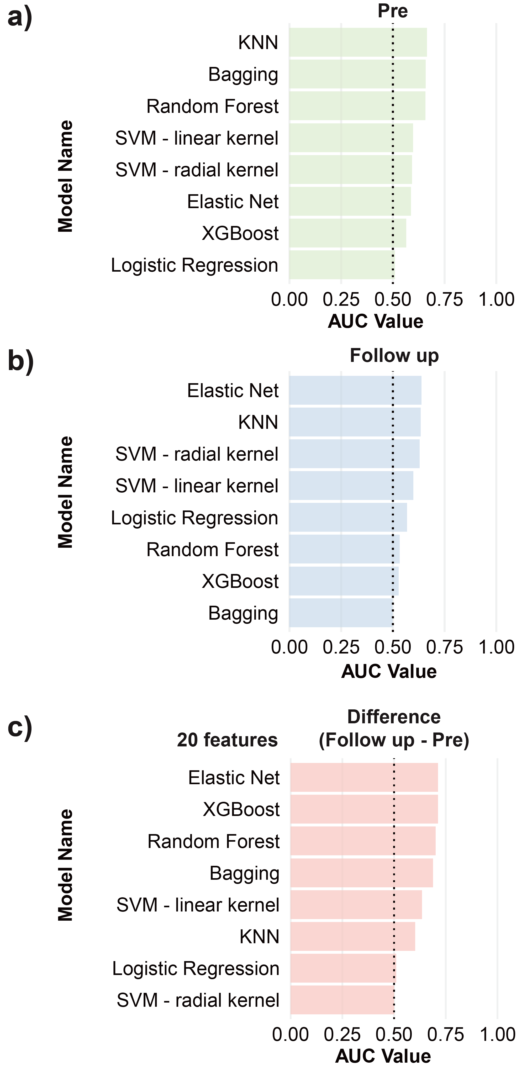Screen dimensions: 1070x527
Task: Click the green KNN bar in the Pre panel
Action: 357,42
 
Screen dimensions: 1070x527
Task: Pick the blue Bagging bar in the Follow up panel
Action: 341,613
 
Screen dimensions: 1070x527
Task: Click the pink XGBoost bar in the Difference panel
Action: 364,809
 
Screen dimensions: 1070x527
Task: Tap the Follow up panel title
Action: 394,356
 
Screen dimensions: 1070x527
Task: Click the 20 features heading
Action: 227,740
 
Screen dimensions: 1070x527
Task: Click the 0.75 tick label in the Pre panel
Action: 444,299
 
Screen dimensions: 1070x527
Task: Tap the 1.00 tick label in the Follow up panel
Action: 496,647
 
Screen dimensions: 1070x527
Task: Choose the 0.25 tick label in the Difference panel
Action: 342,1034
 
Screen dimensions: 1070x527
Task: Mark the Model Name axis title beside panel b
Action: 66,492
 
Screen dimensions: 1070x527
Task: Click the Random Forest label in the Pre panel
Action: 212,106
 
